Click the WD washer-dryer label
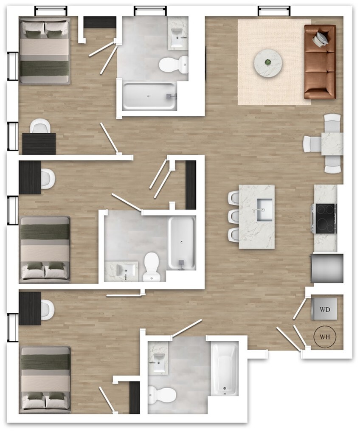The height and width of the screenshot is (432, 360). click(x=324, y=309)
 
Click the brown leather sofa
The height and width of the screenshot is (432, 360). click(x=320, y=62)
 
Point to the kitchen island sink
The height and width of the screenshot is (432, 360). click(x=264, y=210)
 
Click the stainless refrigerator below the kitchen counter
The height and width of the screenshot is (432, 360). click(x=327, y=268)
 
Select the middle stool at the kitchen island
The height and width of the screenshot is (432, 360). click(x=234, y=216)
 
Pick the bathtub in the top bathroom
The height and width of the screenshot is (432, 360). click(x=149, y=96)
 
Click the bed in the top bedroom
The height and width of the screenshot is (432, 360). click(x=45, y=51)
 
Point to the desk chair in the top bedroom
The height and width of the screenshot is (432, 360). click(x=40, y=126)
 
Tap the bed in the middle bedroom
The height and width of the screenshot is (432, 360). click(x=45, y=250)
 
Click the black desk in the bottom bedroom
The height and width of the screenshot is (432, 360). click(x=30, y=308)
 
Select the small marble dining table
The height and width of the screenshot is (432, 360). click(x=332, y=143)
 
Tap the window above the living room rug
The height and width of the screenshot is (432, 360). click(x=274, y=11)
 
